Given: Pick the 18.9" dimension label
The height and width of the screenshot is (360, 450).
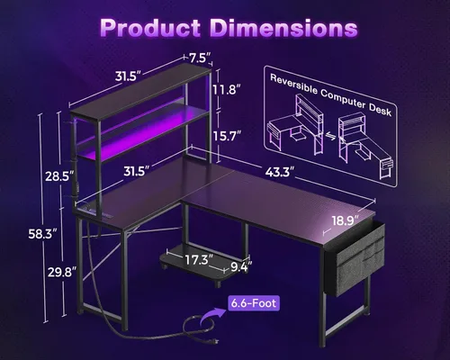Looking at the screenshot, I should point(342,219).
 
